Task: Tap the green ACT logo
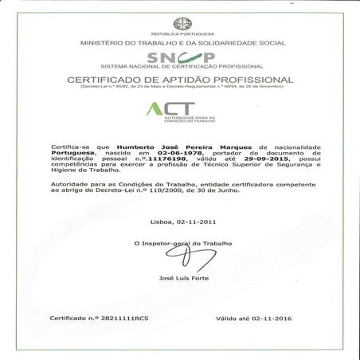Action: coord(180,112)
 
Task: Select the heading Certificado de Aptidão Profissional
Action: coord(180,80)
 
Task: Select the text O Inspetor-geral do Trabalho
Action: coord(180,241)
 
